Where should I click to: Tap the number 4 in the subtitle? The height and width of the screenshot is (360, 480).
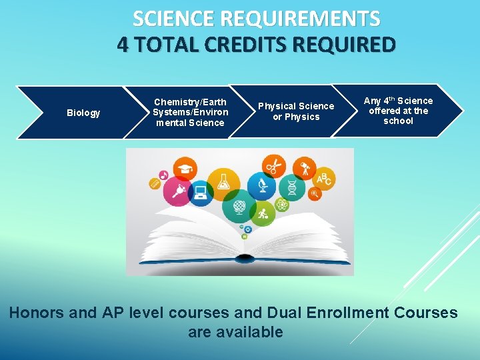(x=123, y=45)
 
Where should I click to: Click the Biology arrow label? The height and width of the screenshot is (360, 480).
(x=83, y=113)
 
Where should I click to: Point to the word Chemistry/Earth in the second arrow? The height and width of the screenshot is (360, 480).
(x=190, y=102)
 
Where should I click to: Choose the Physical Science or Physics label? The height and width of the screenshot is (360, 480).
(x=296, y=111)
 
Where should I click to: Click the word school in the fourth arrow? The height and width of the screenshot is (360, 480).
(x=398, y=121)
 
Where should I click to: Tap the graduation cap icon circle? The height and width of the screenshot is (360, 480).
(x=184, y=169)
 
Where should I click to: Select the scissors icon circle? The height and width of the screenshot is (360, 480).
(x=272, y=165)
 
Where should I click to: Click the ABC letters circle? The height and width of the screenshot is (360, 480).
(x=323, y=177)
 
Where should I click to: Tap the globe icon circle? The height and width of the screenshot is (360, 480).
(x=239, y=209)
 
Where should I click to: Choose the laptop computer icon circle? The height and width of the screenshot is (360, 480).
(x=200, y=194)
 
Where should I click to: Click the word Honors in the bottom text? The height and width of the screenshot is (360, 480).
(x=50, y=313)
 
